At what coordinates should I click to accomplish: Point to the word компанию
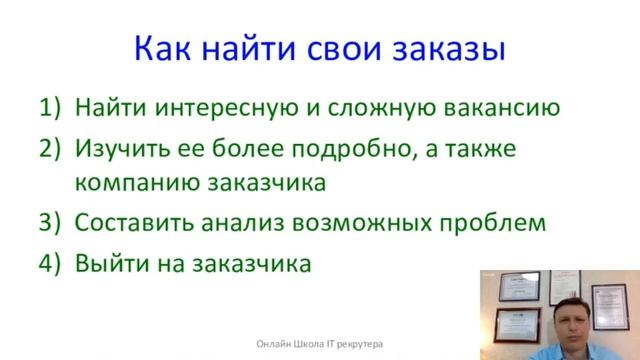click(x=136, y=184)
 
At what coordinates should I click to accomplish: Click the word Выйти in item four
click(x=108, y=263)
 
